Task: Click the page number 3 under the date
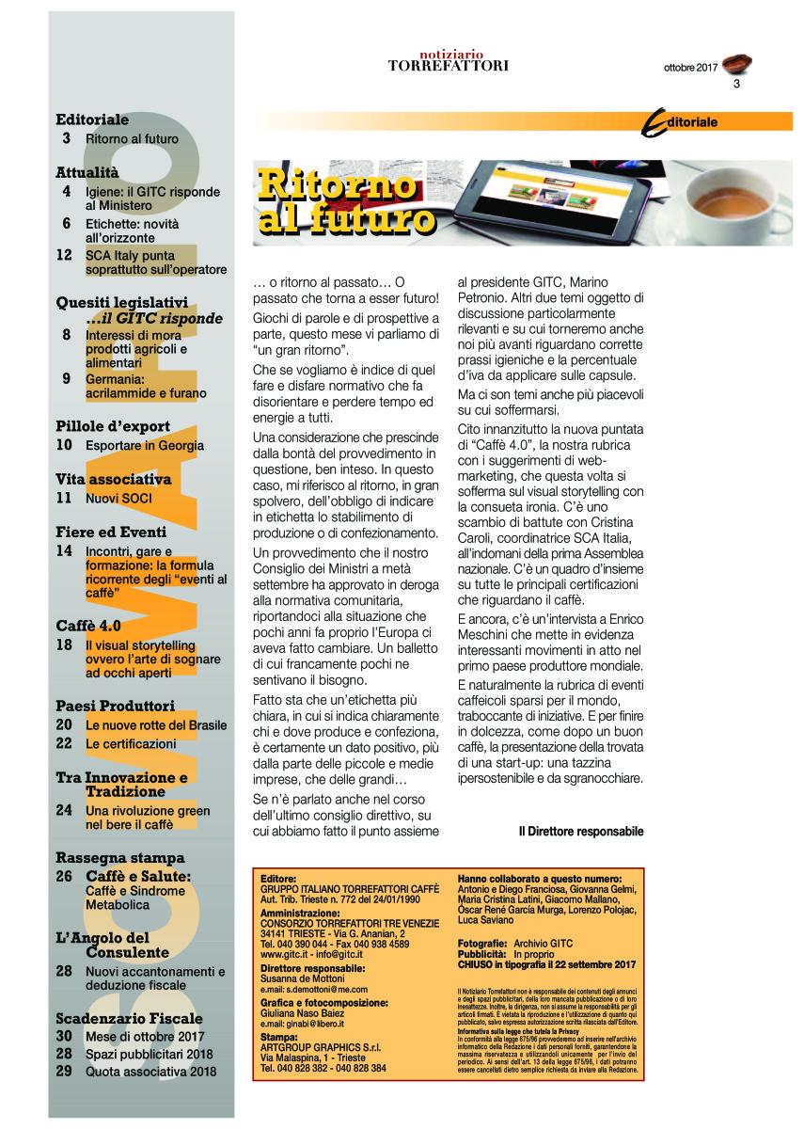(x=736, y=85)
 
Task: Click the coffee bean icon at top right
(x=739, y=64)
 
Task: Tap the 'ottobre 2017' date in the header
(x=690, y=68)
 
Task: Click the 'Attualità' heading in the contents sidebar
(x=87, y=172)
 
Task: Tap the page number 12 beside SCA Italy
(x=64, y=255)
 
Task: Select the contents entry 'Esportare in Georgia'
(x=144, y=445)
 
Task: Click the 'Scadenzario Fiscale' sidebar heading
(x=129, y=1018)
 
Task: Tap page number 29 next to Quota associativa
(x=64, y=1071)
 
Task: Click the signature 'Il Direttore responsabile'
(x=581, y=832)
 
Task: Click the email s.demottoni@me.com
(x=314, y=989)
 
